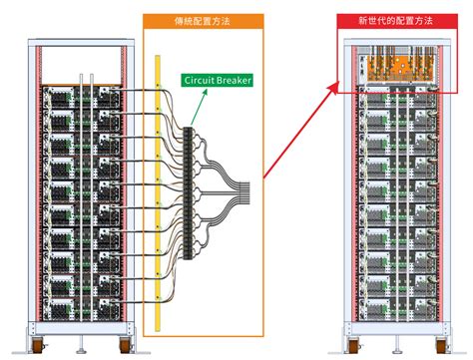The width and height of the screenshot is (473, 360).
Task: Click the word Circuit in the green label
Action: coord(200,80)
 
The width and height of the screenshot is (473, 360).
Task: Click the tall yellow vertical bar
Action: coord(157,189)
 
